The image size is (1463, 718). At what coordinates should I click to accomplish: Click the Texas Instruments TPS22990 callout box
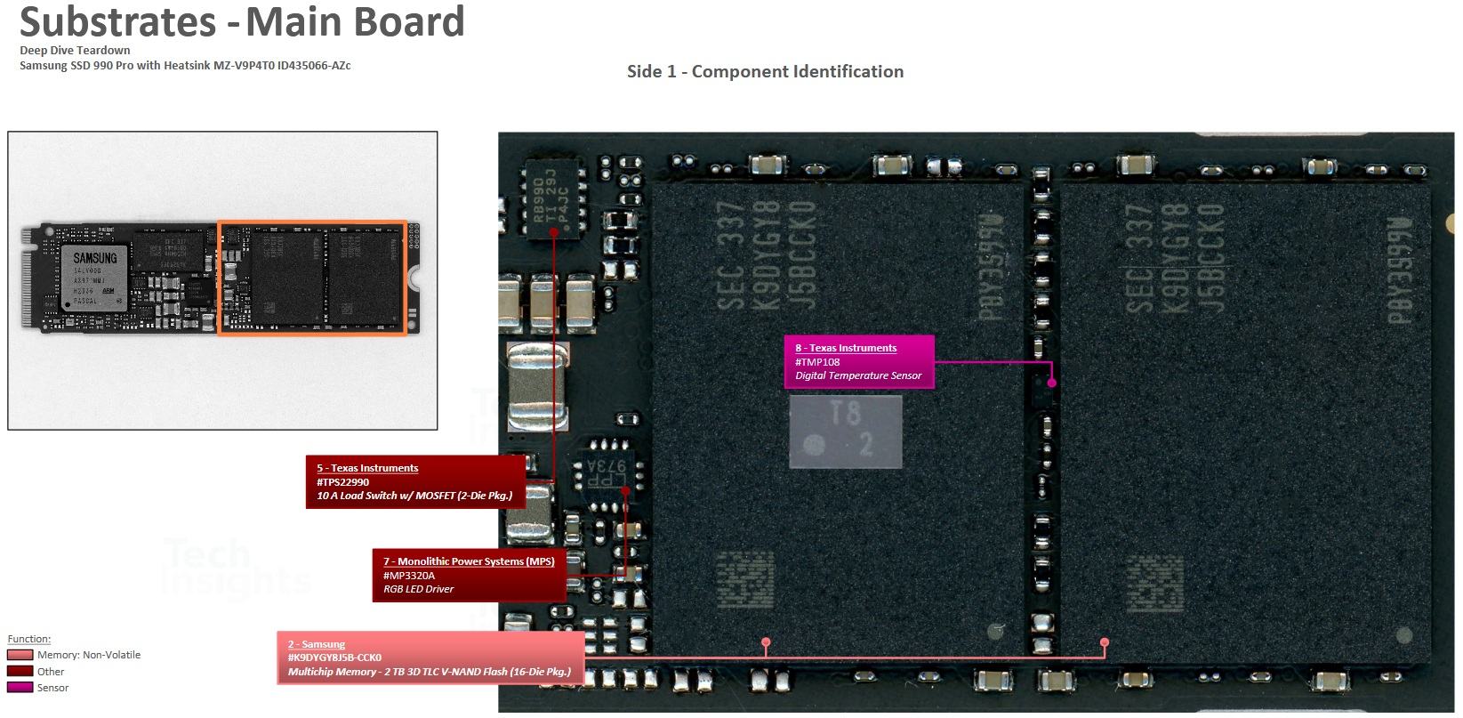(x=415, y=481)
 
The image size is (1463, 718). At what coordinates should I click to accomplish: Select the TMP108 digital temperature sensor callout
(x=859, y=362)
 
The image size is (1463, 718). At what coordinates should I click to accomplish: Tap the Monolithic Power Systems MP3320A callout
(x=469, y=575)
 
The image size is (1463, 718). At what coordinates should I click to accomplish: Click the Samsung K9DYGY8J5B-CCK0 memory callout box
(x=430, y=657)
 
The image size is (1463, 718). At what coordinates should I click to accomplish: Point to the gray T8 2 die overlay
(x=846, y=432)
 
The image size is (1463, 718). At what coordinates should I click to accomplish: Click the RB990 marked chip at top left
(x=554, y=200)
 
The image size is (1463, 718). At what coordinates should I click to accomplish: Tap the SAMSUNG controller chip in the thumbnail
(x=94, y=278)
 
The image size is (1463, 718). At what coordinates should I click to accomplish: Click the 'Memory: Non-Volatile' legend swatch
(x=20, y=656)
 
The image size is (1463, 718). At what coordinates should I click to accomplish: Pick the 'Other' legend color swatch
(x=20, y=672)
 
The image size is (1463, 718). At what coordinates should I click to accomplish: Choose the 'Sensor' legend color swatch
(x=20, y=688)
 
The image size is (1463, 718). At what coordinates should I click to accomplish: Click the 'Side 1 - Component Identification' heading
(x=765, y=72)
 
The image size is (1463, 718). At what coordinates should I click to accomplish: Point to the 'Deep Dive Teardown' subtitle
(x=75, y=51)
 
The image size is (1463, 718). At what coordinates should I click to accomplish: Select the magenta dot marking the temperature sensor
(x=1051, y=383)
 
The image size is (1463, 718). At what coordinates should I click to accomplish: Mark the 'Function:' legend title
(x=29, y=639)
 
